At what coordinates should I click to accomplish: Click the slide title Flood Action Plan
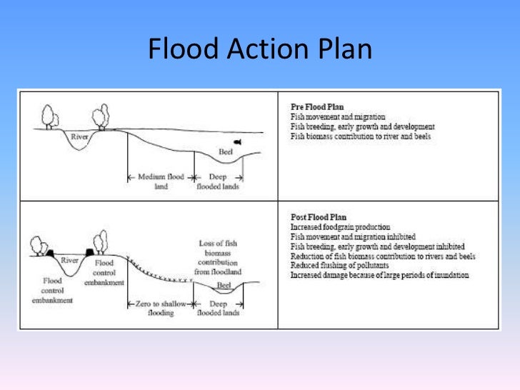click(x=259, y=50)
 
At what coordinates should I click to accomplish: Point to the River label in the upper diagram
click(x=80, y=135)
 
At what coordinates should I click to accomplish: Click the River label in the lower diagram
click(x=69, y=261)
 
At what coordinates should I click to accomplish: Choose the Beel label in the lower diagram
click(x=224, y=285)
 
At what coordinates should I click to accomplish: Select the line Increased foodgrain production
click(x=340, y=226)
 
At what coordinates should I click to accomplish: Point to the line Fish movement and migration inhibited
click(x=353, y=236)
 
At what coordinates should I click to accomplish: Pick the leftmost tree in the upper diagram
click(x=49, y=116)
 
